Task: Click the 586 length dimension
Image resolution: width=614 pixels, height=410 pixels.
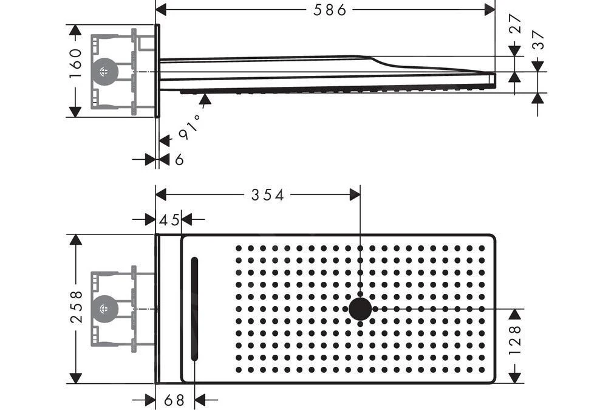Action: point(330,9)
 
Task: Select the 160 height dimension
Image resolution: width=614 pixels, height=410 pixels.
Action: point(75,63)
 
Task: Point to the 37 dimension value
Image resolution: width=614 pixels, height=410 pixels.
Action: point(538,39)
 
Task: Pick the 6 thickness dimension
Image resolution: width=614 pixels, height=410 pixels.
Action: point(179,159)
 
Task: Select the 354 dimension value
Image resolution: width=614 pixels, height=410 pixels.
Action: point(267,194)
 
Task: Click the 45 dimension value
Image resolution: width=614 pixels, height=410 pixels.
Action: point(169,220)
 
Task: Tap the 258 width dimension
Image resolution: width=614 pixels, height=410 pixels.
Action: point(76,306)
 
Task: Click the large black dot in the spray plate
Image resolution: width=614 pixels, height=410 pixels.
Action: point(360,309)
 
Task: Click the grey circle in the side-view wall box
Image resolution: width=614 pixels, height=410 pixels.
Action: point(106,72)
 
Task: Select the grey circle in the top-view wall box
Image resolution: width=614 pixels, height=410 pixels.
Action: point(106,308)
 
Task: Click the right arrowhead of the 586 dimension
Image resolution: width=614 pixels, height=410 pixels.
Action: point(489,9)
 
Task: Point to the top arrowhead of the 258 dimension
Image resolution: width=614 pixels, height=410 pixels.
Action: point(76,240)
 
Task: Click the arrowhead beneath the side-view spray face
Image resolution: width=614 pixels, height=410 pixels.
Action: point(205,100)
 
